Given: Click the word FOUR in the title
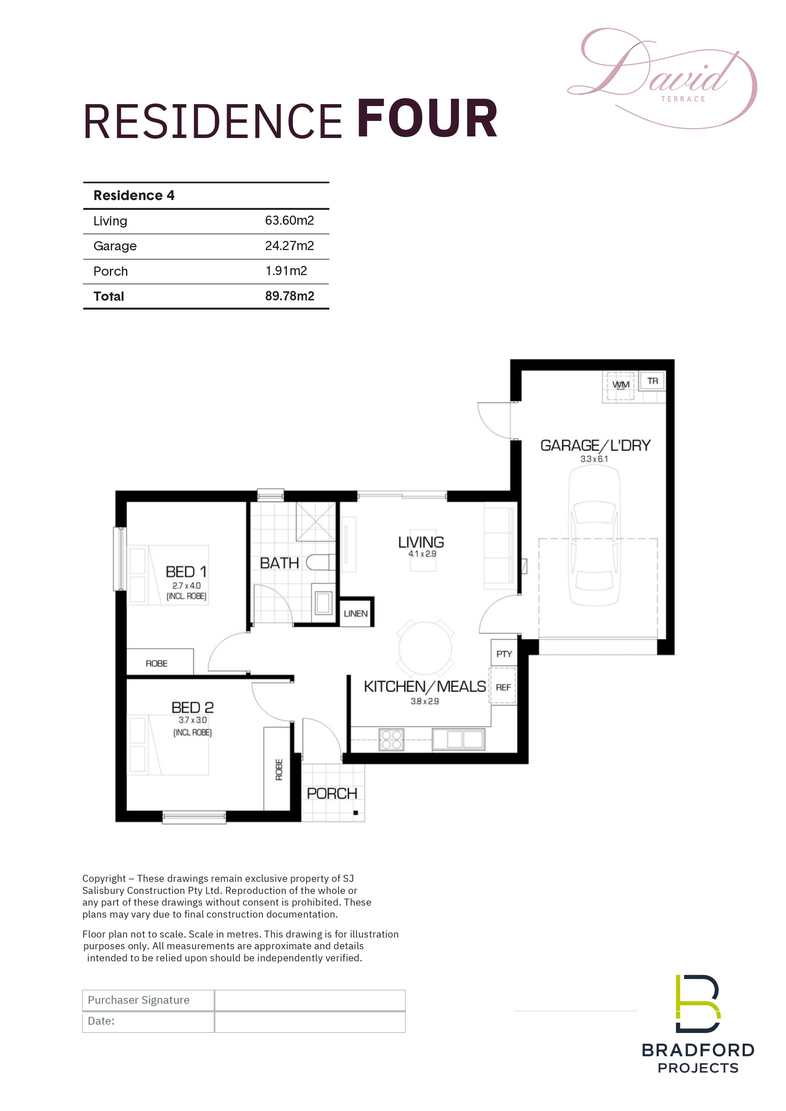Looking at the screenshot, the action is tap(428, 119).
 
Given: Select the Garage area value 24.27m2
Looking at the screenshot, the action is tap(289, 246).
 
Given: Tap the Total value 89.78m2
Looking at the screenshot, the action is tap(289, 296).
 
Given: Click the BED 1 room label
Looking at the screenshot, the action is tap(186, 572).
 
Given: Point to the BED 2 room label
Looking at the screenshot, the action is tap(192, 707).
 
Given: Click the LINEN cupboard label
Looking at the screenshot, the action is tap(356, 613).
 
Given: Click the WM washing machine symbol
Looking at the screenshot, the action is tap(620, 385).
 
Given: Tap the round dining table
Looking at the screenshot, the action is tap(425, 649).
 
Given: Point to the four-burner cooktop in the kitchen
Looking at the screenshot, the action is tap(391, 740).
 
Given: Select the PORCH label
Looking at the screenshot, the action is tap(332, 794).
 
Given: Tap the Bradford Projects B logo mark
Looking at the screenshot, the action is tap(697, 1004).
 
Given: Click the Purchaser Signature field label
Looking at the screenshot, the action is tap(138, 1000).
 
